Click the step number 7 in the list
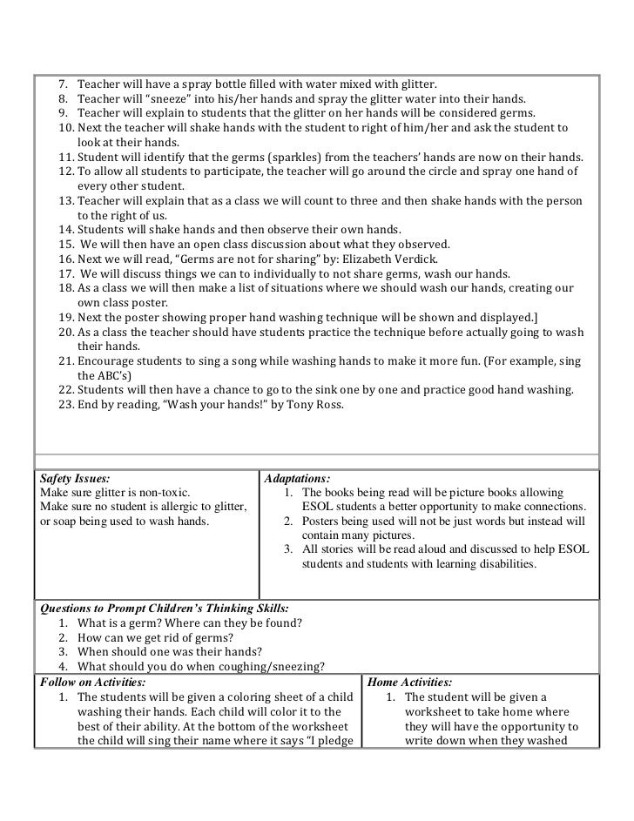[63, 84]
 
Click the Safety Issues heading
[76, 478]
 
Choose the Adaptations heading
[297, 478]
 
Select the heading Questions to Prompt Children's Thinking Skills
[165, 608]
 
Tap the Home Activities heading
[411, 682]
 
